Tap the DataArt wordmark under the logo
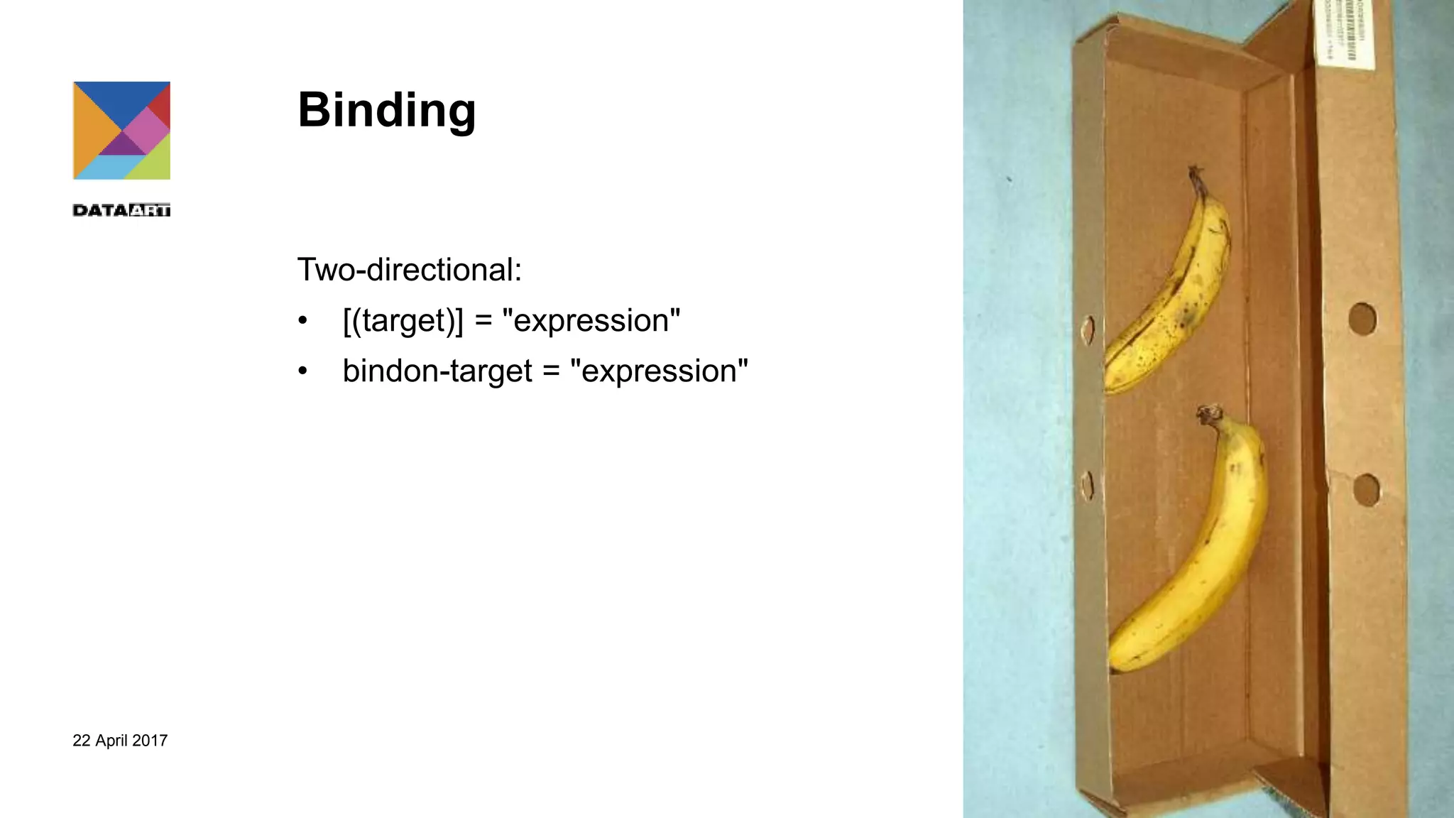click(121, 210)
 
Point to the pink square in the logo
click(146, 129)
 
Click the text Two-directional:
click(410, 270)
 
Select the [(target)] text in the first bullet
click(403, 320)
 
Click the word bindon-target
click(437, 371)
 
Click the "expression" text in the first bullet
click(591, 320)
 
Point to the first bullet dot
click(303, 321)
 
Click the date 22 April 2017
click(120, 741)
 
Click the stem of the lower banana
click(1208, 415)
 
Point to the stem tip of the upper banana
click(1195, 173)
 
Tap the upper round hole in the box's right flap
click(1362, 319)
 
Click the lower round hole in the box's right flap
click(1366, 489)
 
